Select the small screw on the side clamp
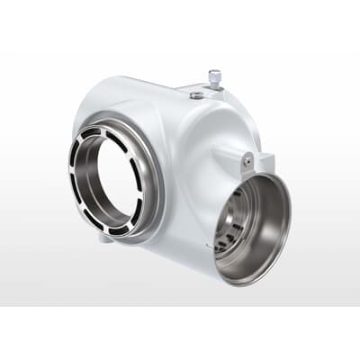click(x=247, y=160)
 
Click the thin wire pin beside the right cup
click(x=211, y=244)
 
